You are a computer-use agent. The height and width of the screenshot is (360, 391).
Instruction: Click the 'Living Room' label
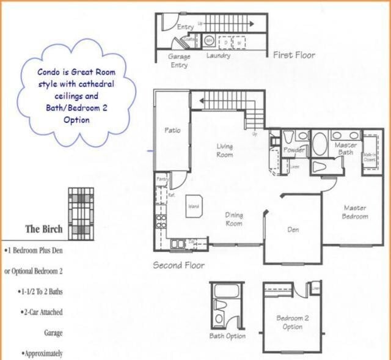pos(224,150)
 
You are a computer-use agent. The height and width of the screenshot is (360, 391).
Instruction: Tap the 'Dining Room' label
pos(233,219)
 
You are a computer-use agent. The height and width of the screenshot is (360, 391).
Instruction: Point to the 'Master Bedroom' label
pos(354,212)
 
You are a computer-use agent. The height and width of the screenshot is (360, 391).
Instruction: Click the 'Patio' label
pos(172,130)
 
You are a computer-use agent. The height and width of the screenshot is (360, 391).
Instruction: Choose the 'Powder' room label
pos(294,150)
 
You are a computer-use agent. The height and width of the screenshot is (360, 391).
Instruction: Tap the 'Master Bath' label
pos(346,149)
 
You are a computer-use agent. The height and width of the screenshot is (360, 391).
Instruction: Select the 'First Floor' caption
pos(294,55)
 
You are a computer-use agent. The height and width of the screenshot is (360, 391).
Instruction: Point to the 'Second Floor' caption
pos(178,265)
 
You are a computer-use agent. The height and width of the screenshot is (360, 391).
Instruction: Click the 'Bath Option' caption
pos(227,336)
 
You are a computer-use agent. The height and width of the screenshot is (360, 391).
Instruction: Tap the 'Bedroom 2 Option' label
pos(292,322)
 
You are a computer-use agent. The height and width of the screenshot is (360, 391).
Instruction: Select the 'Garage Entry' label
pos(179,60)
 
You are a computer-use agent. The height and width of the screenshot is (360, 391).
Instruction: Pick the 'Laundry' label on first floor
pos(218,56)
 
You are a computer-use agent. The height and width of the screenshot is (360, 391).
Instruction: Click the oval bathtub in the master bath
pos(320,144)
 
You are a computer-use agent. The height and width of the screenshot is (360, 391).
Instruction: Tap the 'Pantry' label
pos(161,178)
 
